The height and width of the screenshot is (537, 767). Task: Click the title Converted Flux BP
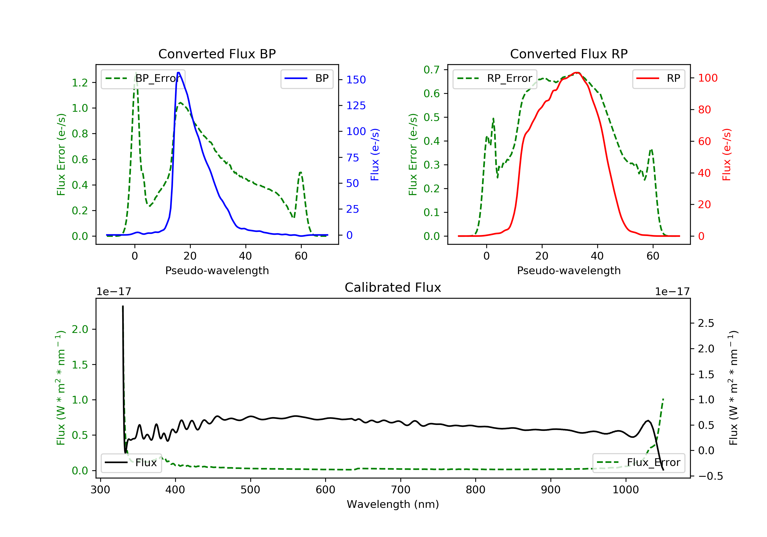tap(217, 54)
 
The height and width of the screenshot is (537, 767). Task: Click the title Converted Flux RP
tap(569, 54)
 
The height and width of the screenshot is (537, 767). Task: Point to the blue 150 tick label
tap(356, 80)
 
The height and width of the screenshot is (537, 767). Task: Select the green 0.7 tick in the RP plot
tap(431, 70)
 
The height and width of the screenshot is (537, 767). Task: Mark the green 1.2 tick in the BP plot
tap(80, 83)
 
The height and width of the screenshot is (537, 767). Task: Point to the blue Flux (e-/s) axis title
tap(375, 155)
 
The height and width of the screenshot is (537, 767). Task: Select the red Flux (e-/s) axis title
tap(727, 155)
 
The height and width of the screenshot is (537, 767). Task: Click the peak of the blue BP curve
tap(179, 73)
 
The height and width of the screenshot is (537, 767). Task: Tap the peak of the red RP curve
tap(577, 73)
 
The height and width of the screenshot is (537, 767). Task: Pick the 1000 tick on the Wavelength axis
tap(625, 490)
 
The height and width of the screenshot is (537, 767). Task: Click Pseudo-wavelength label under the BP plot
tap(217, 271)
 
